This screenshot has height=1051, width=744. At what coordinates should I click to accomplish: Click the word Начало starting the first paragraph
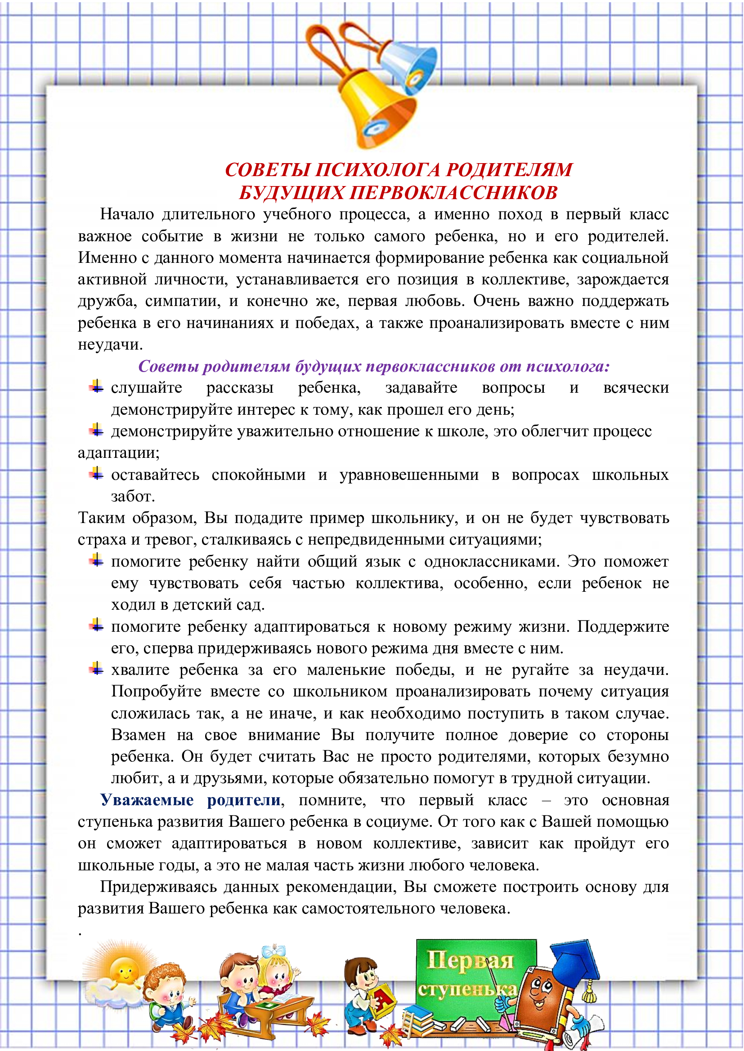tap(127, 214)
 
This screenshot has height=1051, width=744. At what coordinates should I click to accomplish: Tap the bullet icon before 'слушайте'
tap(96, 387)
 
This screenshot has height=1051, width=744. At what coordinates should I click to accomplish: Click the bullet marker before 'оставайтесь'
tap(96, 473)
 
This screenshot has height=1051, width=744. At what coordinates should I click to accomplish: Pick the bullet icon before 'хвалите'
tap(96, 669)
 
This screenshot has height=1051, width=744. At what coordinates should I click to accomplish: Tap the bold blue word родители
tap(244, 800)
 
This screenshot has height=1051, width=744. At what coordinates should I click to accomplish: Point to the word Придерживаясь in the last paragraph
tap(158, 887)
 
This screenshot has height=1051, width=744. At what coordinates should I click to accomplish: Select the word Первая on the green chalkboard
tap(470, 960)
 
